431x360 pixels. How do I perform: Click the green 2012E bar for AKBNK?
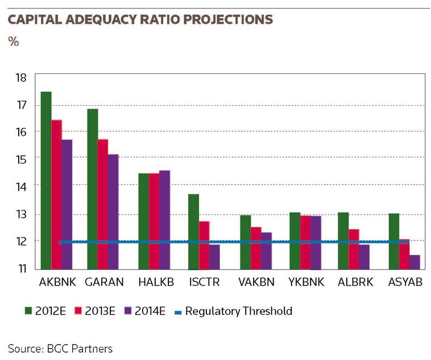click(46, 180)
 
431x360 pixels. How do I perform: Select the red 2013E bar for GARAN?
click(103, 204)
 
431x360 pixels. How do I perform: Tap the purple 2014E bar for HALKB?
click(165, 220)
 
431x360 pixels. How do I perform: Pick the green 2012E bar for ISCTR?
click(193, 231)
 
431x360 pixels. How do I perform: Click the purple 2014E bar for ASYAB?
click(415, 262)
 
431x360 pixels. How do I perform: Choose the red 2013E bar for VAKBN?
click(256, 248)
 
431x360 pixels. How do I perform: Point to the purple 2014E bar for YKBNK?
click(316, 243)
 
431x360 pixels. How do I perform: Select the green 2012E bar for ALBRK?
click(343, 241)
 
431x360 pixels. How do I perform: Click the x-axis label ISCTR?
click(204, 282)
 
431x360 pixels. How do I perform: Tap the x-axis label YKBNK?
click(306, 282)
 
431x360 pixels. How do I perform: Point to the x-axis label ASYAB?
click(405, 282)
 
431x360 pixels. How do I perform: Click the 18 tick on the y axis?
click(21, 78)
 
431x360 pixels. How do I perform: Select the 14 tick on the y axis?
click(21, 187)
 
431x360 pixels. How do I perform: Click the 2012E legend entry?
click(45, 311)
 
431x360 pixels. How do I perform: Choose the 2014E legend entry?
click(145, 311)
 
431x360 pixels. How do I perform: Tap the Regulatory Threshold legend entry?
click(233, 311)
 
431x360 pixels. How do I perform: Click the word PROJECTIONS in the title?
click(228, 19)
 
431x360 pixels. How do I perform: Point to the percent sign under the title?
click(14, 42)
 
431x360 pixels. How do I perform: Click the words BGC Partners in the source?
click(80, 349)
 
